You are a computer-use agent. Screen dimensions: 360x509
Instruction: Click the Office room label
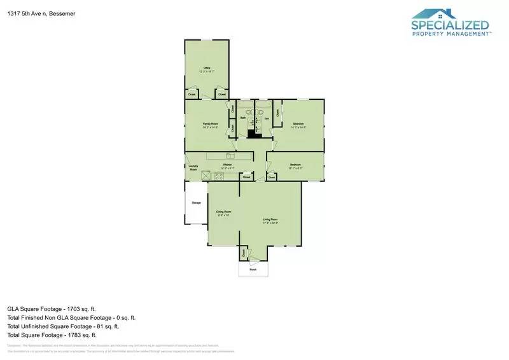click(207, 67)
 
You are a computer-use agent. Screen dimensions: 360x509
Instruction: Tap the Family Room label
click(211, 123)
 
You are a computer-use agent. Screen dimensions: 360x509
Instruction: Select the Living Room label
click(271, 219)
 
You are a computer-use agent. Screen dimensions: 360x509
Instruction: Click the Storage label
click(197, 203)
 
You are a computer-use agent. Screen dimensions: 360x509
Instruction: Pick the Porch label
click(253, 270)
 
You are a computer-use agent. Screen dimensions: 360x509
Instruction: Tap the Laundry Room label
click(193, 168)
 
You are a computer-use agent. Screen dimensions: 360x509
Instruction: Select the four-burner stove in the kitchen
click(220, 176)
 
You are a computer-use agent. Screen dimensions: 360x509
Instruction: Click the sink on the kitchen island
click(230, 155)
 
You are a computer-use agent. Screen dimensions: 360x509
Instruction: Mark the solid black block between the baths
click(254, 132)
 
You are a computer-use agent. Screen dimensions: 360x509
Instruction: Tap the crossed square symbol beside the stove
click(206, 176)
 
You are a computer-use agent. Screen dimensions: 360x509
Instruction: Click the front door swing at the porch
click(254, 262)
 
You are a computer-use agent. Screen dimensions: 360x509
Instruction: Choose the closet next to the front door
click(244, 253)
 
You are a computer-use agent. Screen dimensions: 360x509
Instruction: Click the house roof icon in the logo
click(435, 14)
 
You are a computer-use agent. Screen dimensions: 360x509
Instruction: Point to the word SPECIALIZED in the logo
click(450, 26)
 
